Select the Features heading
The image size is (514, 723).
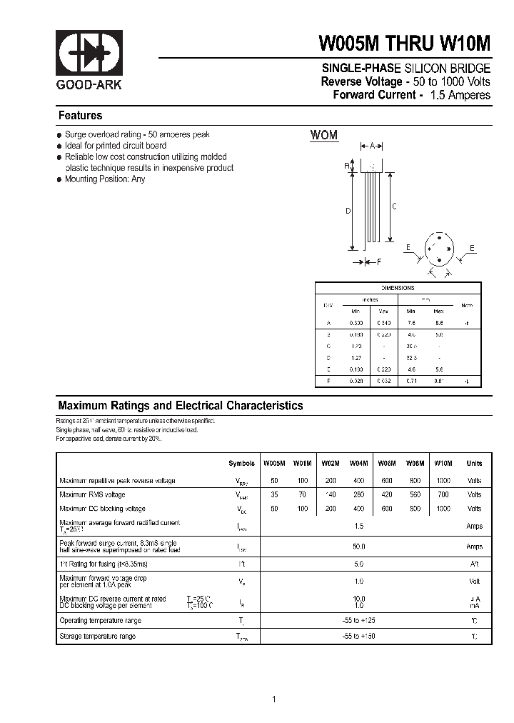point(80,116)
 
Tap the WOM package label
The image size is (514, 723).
point(323,135)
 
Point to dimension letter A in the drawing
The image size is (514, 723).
point(372,146)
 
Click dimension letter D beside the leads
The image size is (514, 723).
point(348,211)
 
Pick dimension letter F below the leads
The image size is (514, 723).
point(379,262)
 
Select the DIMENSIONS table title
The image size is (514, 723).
point(397,287)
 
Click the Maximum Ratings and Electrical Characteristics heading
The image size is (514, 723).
point(181,406)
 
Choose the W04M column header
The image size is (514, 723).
point(359,463)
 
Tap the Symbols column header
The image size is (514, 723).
point(241,463)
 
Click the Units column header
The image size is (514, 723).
point(474,463)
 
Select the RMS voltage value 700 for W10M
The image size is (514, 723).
point(443,494)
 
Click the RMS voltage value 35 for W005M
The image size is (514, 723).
point(274,494)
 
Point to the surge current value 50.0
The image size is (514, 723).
point(359,547)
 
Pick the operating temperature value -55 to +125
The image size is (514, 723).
point(359,620)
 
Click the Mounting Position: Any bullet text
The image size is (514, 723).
point(104,179)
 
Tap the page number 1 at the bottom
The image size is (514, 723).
point(274,699)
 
